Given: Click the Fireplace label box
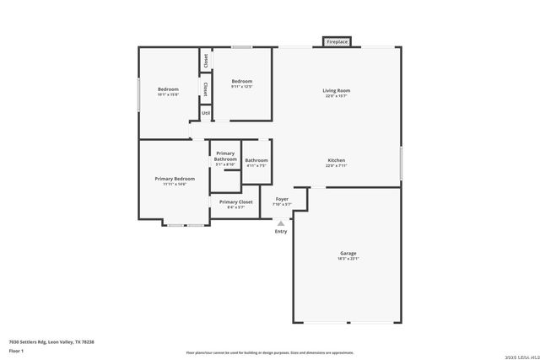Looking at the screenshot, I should [x=337, y=41].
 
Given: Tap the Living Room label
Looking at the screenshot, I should [x=336, y=90].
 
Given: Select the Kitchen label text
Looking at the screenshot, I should [x=336, y=160].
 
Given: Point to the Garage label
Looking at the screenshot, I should [x=348, y=253].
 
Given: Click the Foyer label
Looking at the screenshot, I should [x=282, y=199].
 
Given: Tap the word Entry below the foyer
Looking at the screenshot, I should [x=280, y=231].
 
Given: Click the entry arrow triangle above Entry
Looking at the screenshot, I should [x=280, y=223].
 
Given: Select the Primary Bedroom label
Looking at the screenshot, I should [x=175, y=179].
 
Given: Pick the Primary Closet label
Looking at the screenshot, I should [x=235, y=201].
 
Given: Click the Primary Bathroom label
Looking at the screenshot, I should [x=225, y=156].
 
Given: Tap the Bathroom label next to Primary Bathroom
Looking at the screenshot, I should [x=256, y=160].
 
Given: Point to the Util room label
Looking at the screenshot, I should [x=206, y=112].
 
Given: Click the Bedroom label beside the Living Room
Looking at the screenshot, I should [x=242, y=81].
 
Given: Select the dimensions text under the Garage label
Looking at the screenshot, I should [x=348, y=260].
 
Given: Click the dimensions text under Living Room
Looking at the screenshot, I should [x=336, y=96].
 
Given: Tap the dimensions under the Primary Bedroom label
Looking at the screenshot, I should [x=175, y=185].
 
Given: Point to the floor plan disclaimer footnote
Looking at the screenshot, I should [x=269, y=353].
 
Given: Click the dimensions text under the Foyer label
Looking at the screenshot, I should [x=282, y=205].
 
